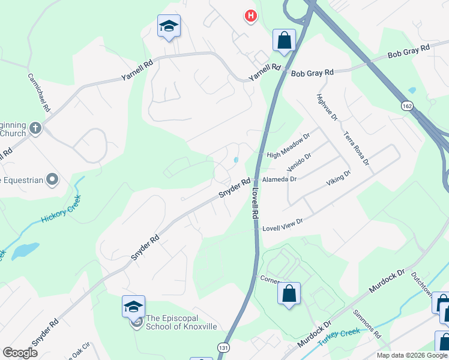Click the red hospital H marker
click(251, 16)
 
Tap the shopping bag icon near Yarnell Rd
click(284, 40)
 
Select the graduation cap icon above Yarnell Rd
click(169, 26)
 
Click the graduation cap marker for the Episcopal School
click(133, 307)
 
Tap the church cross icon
click(35, 128)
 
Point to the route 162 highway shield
click(408, 106)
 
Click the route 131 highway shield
click(223, 347)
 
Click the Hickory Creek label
click(61, 211)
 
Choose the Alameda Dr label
click(280, 179)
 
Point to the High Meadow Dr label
click(288, 146)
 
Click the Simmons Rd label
click(367, 325)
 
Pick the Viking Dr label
click(338, 179)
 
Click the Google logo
click(20, 353)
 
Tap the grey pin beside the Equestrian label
click(53, 179)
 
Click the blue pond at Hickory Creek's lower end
click(25, 250)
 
